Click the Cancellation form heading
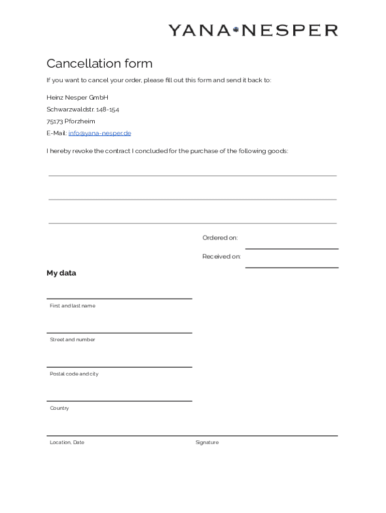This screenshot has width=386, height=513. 99,64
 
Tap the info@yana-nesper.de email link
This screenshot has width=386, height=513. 100,133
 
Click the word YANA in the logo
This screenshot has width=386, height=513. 199,31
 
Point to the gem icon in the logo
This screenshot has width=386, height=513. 236,31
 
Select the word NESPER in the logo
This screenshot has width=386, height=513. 289,31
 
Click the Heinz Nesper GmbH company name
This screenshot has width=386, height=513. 77,97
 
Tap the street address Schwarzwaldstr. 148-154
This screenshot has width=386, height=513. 83,109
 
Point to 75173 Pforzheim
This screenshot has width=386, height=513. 71,121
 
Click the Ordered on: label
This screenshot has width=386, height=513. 220,238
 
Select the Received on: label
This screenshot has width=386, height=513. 222,256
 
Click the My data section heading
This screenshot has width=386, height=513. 61,273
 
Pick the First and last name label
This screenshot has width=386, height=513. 72,306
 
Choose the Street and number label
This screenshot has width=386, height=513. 72,340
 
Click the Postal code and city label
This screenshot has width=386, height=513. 74,374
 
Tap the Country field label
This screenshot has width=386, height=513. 59,408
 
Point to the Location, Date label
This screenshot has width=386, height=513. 67,442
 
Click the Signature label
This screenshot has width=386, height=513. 207,442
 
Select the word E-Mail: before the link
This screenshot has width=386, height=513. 57,133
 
